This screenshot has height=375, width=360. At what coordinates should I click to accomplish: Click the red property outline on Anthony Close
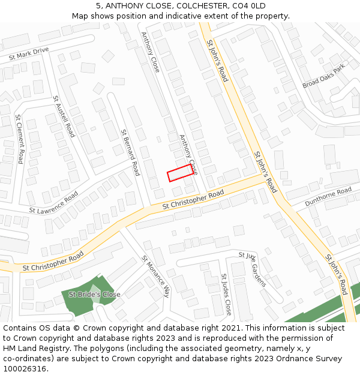pos(180,173)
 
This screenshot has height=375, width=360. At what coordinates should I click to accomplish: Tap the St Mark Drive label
pos(29,54)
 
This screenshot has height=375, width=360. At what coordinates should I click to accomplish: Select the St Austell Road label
pos(64,116)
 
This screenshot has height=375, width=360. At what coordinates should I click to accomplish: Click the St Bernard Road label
pos(130,152)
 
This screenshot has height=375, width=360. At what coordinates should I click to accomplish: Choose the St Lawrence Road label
pos(54,203)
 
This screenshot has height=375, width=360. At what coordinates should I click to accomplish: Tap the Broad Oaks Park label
pos(325,76)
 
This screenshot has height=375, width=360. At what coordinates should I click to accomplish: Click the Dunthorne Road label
pos(328,196)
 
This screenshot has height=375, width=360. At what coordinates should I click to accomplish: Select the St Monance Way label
pos(155,277)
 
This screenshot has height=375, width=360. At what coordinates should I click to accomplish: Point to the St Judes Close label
pos(226,295)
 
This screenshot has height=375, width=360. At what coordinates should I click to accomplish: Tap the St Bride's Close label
pos(94,295)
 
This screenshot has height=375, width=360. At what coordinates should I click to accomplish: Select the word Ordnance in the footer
pos(278,359)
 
